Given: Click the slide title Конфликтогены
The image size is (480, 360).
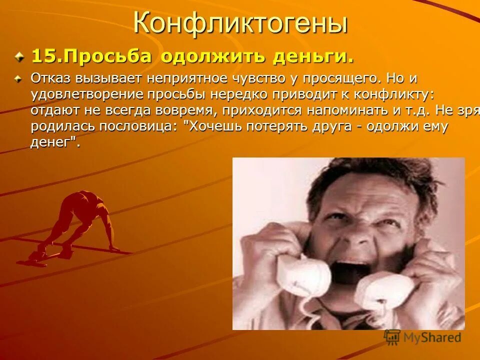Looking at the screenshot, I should [239, 23].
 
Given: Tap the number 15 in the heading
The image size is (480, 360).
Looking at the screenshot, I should [42, 56].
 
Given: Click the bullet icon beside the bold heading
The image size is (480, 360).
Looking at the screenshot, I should [19, 56].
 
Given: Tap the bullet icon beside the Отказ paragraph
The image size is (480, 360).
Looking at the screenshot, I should [19, 78].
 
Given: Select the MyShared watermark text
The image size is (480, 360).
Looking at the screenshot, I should [429, 337].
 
